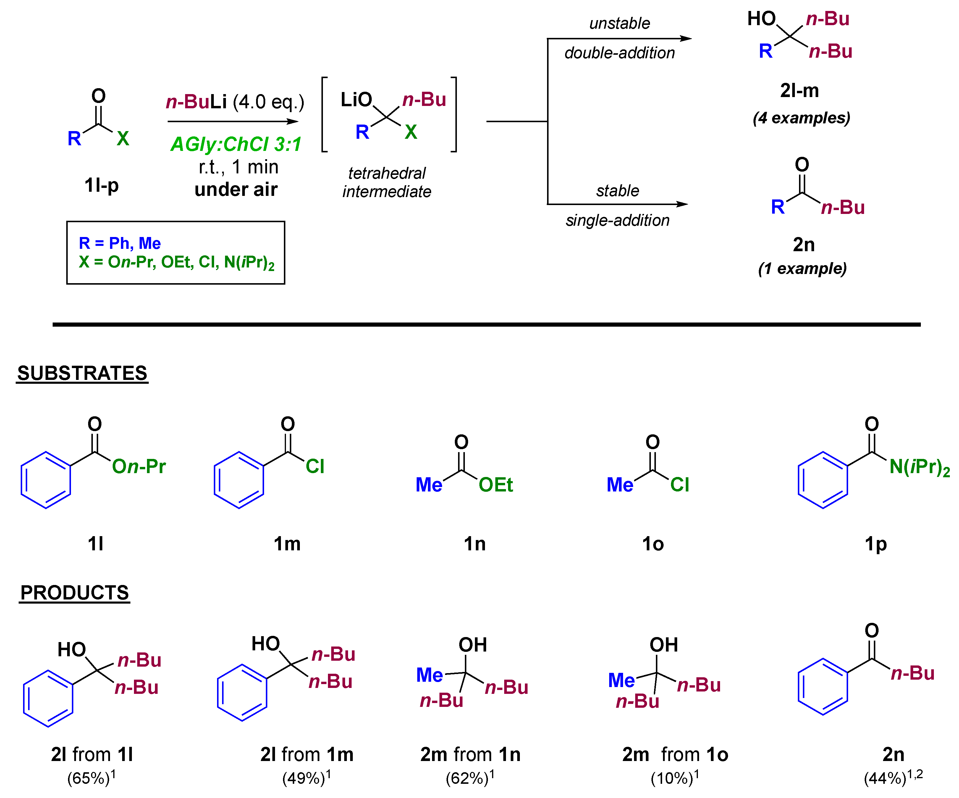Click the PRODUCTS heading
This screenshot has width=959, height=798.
(x=75, y=593)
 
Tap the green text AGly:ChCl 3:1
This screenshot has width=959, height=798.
(x=236, y=144)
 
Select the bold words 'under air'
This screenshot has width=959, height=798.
(x=236, y=189)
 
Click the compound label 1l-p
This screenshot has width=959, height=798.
(x=101, y=186)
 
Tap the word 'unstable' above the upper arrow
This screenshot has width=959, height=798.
(x=619, y=23)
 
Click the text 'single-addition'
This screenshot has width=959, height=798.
(x=617, y=220)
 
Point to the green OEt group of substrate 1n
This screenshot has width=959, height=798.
(x=496, y=485)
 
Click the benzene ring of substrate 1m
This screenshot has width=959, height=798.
(x=239, y=480)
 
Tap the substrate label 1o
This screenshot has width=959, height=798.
(x=653, y=544)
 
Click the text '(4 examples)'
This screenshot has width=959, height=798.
(x=801, y=118)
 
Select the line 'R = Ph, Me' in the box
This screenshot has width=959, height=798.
(x=120, y=243)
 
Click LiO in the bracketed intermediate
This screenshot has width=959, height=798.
(x=356, y=100)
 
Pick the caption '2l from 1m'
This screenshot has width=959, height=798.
(x=307, y=755)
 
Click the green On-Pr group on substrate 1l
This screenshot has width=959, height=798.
(x=139, y=467)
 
